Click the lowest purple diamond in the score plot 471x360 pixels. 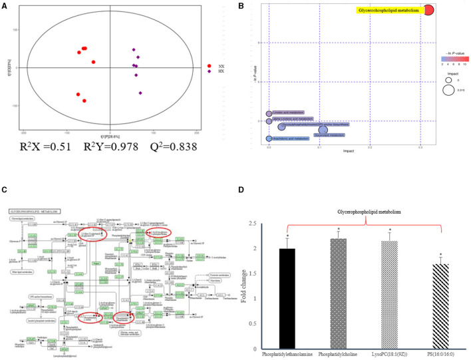[x=140, y=93]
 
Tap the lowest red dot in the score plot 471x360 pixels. [x=84, y=101]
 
